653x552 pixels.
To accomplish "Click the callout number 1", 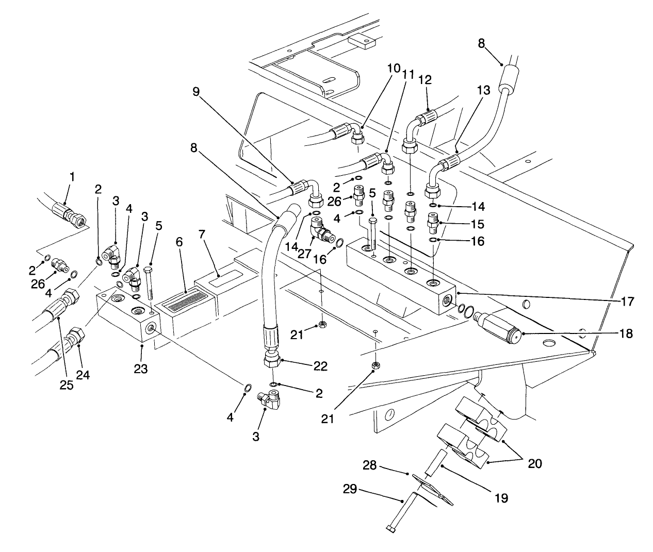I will click(72, 177).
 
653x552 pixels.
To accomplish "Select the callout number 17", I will click(627, 301).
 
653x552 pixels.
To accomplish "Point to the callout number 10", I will click(394, 68).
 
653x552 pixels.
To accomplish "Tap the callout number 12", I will click(426, 80).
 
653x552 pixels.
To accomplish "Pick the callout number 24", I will click(83, 376).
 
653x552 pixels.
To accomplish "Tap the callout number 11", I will click(409, 74).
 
